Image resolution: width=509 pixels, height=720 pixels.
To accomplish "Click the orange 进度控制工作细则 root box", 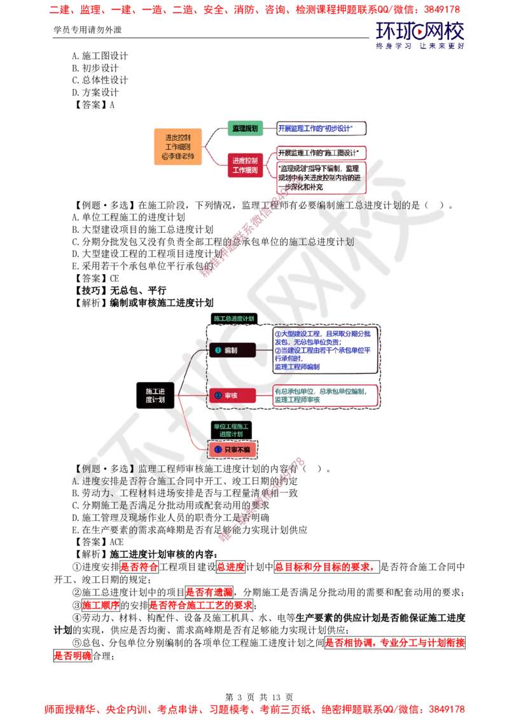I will [x=178, y=147].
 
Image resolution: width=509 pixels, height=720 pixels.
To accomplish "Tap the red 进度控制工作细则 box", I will [x=244, y=165].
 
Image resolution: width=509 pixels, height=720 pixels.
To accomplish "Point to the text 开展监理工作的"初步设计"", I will [x=320, y=129].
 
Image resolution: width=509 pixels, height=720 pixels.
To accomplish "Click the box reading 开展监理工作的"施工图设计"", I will [x=320, y=153].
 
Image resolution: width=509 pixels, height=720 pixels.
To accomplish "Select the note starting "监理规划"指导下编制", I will [x=320, y=177].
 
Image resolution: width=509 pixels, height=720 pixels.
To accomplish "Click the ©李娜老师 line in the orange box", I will [x=178, y=157].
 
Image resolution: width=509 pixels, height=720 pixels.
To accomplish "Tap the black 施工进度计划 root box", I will [x=155, y=395].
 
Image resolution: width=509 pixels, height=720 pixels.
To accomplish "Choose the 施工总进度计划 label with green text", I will [x=234, y=318].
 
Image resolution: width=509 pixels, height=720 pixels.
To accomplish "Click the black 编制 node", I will [x=232, y=350].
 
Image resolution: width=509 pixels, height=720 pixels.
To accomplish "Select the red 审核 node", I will [x=232, y=396].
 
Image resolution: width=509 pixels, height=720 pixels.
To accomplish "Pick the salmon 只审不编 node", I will [x=232, y=450].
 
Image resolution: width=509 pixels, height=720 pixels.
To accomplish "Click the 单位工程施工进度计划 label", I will [x=232, y=429].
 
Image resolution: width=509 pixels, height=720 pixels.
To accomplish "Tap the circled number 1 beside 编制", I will [x=218, y=350].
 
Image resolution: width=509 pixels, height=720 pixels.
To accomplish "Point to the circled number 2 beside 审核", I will [x=218, y=396].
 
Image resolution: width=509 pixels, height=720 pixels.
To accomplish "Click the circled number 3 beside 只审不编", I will [x=218, y=450].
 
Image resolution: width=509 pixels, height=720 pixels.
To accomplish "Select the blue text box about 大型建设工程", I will [x=324, y=350].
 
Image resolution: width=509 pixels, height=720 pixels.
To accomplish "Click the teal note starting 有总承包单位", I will [x=324, y=396].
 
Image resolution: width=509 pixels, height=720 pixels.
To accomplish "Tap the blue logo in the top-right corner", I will [x=421, y=34].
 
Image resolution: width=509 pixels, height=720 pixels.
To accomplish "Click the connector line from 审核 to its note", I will [x=264, y=396].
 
